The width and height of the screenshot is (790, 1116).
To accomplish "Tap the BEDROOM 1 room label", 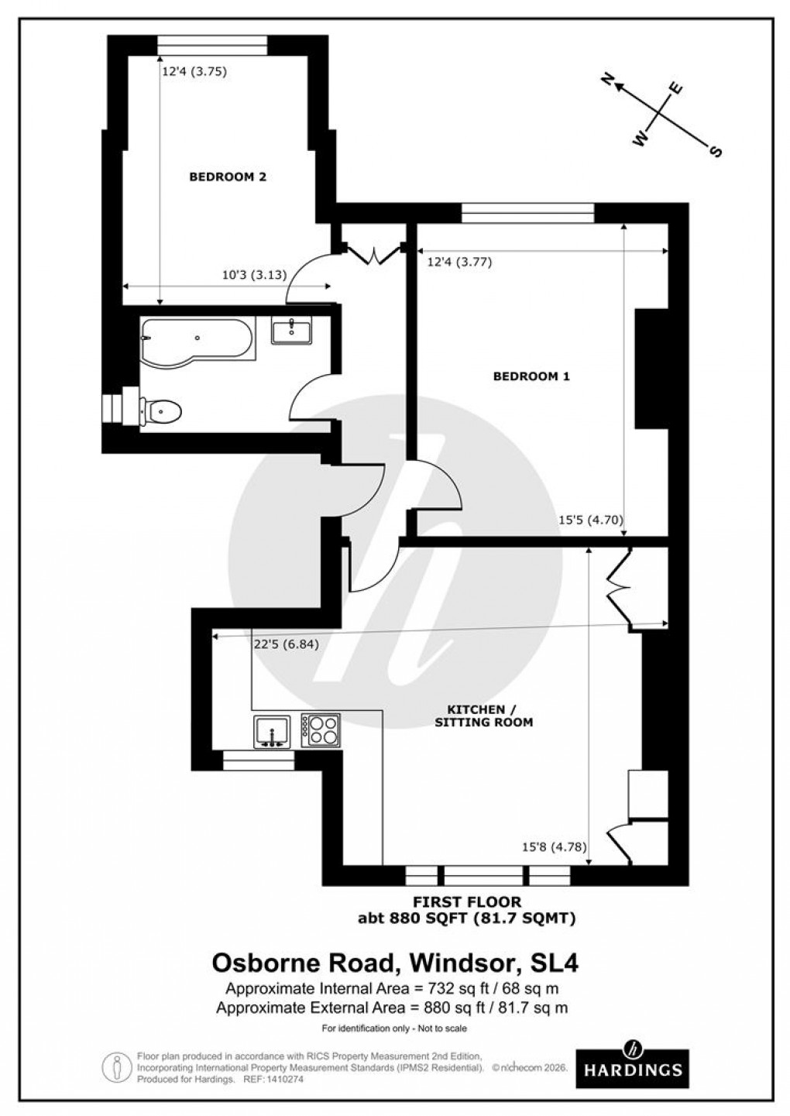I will [x=531, y=377].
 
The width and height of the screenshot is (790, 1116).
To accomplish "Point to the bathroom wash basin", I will [x=292, y=331].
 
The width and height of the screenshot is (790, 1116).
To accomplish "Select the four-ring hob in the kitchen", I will [x=320, y=730].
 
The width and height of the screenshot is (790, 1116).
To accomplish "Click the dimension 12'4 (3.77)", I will [x=459, y=262].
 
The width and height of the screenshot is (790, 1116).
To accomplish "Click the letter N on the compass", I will [x=608, y=79].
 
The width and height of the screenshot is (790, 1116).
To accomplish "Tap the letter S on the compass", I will [x=716, y=152].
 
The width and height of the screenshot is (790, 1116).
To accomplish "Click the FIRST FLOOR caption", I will [x=466, y=902].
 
